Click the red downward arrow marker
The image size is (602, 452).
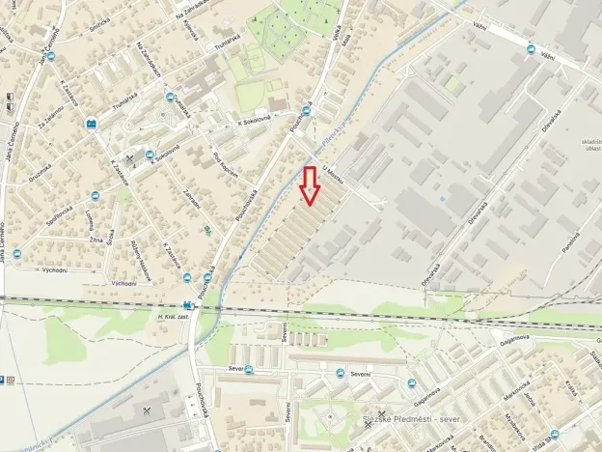click(309, 185)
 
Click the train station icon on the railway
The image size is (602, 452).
click(187, 302)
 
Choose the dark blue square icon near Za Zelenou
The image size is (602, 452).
click(92, 124)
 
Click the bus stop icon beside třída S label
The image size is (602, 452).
click(555, 436)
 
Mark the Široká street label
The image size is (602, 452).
click(113, 235)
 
